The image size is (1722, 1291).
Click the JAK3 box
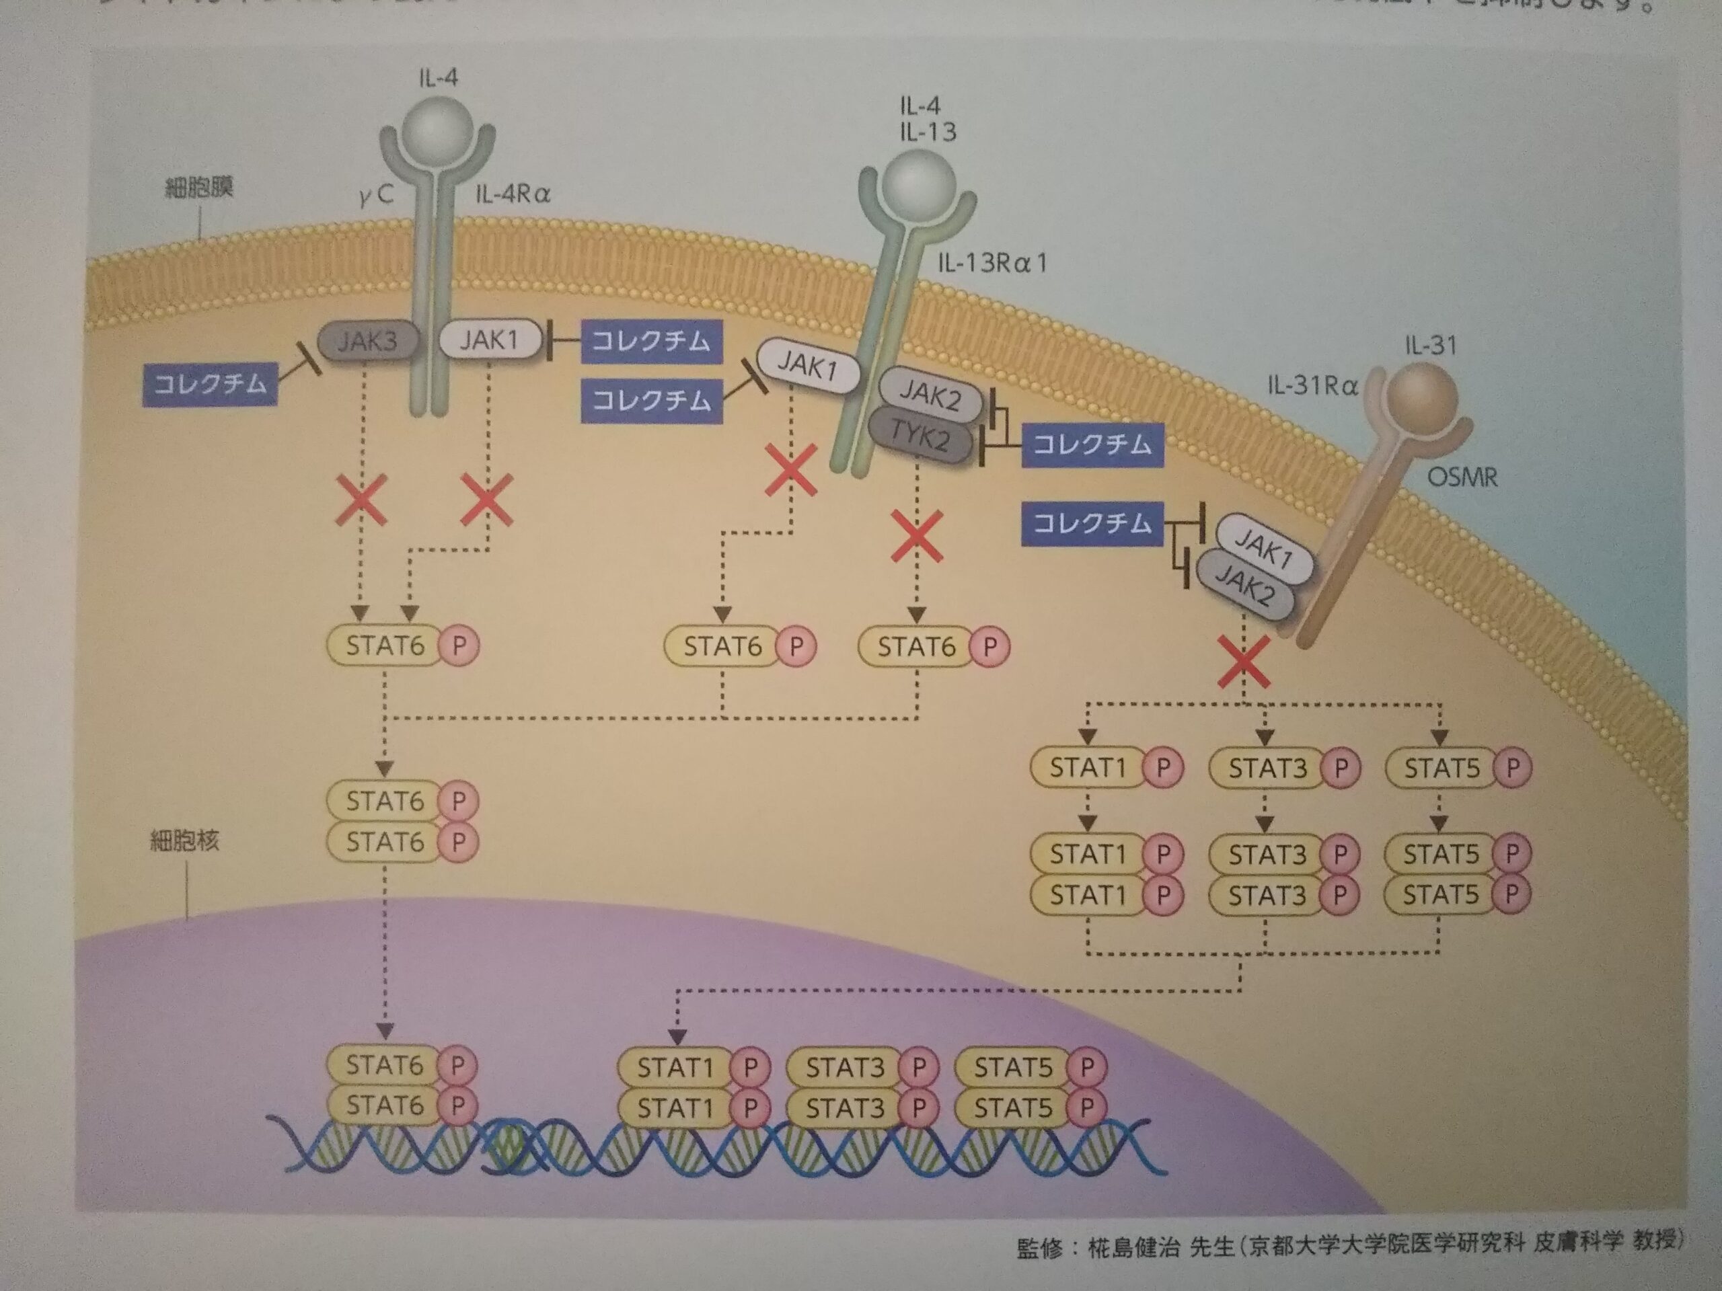(x=367, y=340)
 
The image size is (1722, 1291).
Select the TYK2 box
(x=920, y=437)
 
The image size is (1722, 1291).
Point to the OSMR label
(x=1462, y=476)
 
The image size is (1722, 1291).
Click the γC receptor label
(x=377, y=194)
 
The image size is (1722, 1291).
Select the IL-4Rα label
(x=513, y=194)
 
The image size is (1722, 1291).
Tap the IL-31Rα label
(x=1312, y=385)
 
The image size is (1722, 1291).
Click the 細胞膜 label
(x=199, y=188)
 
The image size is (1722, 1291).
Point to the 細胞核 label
(x=184, y=840)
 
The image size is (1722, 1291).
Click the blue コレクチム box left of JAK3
(x=210, y=385)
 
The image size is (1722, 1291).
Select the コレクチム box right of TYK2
(x=1092, y=445)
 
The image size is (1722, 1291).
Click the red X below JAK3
(x=362, y=501)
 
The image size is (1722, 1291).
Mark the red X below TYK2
(x=917, y=536)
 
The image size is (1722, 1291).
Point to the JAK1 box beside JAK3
(x=489, y=340)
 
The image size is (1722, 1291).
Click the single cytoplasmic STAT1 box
(x=1088, y=769)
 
